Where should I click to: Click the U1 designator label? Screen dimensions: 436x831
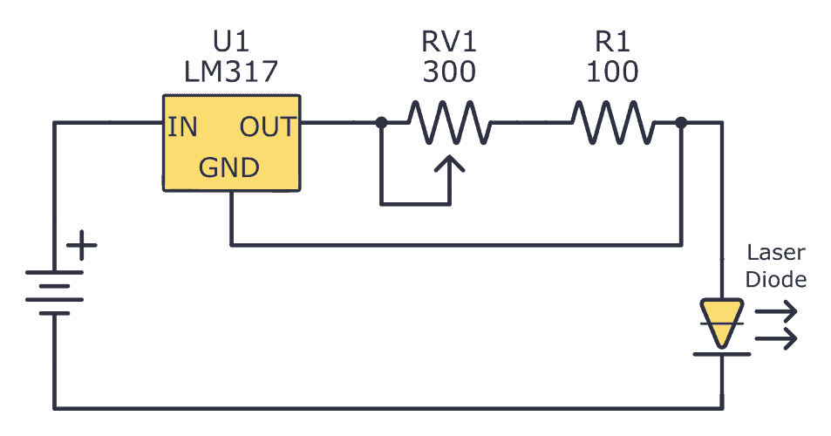[x=230, y=43]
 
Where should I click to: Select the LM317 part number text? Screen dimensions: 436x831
[x=230, y=72]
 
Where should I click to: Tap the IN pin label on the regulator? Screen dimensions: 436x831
[x=183, y=127]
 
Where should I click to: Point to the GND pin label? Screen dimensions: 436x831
[x=229, y=167]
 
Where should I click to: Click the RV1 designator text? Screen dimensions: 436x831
[x=449, y=43]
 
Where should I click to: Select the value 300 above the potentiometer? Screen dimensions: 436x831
[x=449, y=72]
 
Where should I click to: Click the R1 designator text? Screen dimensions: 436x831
[x=612, y=43]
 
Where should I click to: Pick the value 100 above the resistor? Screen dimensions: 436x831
[x=612, y=72]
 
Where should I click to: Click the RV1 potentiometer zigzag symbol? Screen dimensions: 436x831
[x=450, y=123]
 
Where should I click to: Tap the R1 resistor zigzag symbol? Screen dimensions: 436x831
[x=612, y=123]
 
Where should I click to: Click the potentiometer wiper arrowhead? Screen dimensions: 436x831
[x=450, y=163]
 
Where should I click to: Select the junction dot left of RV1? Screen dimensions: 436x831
[x=381, y=123]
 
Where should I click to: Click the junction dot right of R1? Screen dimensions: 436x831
[x=681, y=123]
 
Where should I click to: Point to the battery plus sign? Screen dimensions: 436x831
[x=82, y=246]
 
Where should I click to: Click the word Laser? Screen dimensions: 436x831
[x=776, y=254]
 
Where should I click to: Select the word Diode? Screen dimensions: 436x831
[x=776, y=279]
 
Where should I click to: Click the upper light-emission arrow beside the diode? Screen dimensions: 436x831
[x=776, y=310]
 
